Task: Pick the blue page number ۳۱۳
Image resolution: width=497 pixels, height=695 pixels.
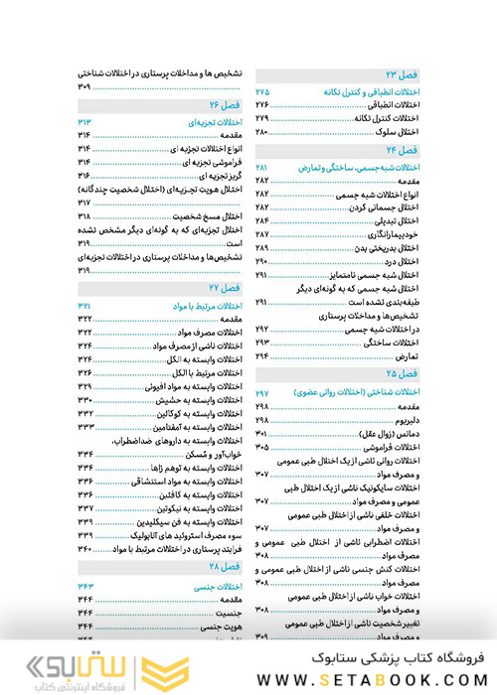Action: [x=85, y=121]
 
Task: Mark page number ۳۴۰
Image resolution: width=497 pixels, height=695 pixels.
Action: [x=85, y=547]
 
